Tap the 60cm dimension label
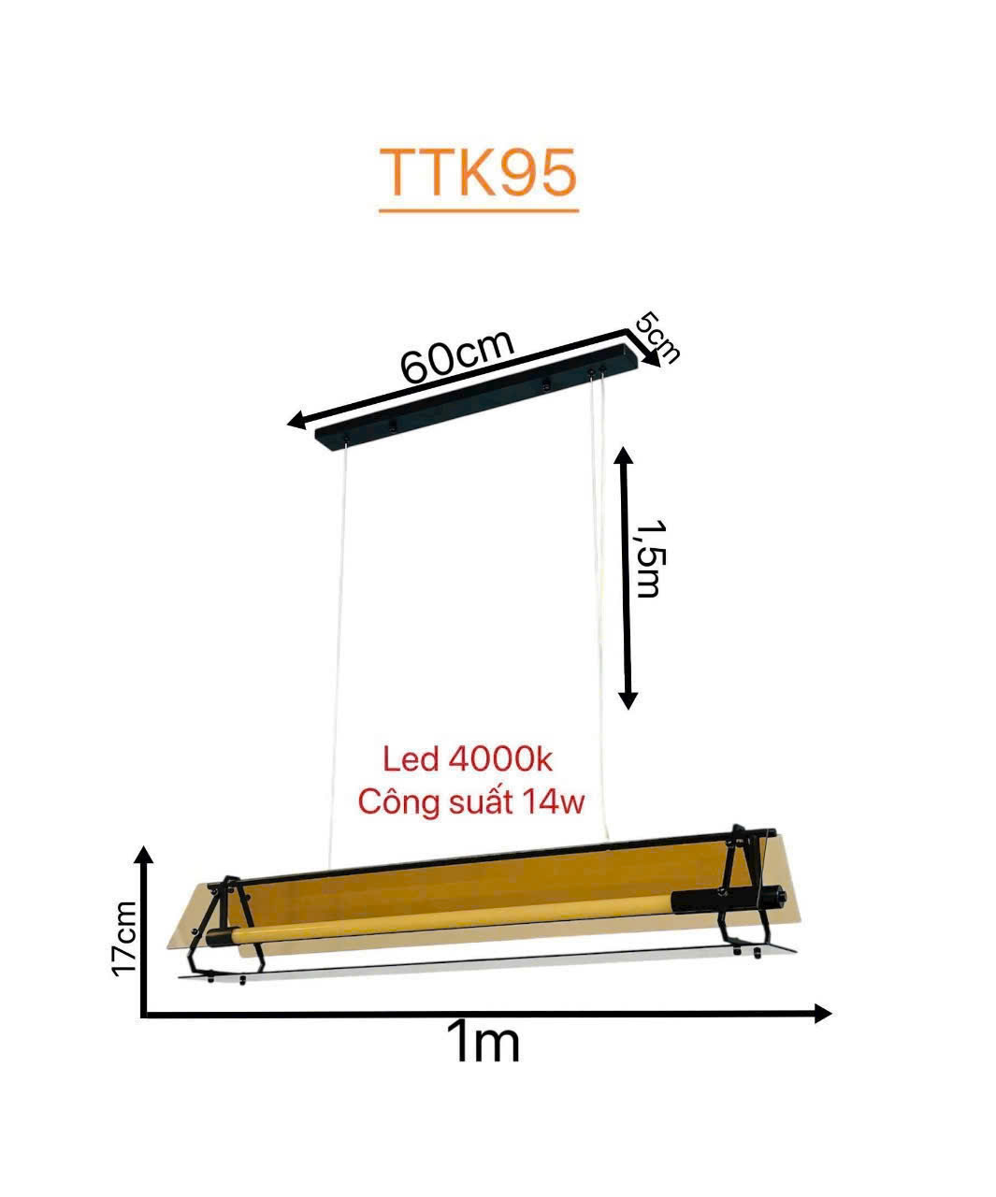click(x=456, y=356)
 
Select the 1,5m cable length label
click(x=648, y=559)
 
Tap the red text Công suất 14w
click(x=471, y=800)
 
